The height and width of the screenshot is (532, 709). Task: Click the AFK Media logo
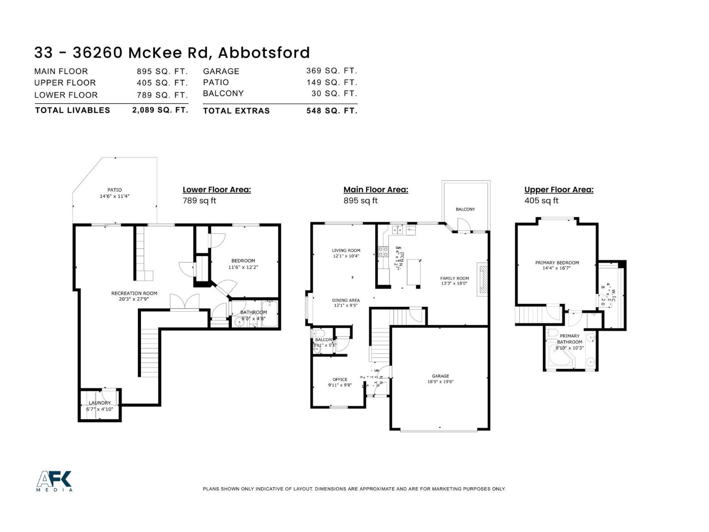pos(54,481)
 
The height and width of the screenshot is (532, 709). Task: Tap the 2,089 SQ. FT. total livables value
pos(160,110)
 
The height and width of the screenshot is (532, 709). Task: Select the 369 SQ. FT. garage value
pos(331,70)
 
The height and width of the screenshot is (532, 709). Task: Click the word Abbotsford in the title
pos(264,52)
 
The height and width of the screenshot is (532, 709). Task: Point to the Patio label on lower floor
pos(114,190)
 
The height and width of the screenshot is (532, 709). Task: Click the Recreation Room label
pos(134,293)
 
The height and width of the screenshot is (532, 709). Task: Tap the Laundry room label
pos(99,403)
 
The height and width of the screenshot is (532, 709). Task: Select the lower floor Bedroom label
pos(243,261)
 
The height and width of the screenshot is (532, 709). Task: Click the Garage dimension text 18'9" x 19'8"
pos(440,382)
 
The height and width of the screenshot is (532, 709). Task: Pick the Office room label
pos(340,379)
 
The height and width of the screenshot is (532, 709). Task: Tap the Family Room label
pos(454,278)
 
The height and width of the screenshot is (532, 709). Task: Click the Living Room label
pos(346,250)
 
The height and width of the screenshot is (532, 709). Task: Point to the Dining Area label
pos(346,300)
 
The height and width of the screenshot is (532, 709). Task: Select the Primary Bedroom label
pos(557,262)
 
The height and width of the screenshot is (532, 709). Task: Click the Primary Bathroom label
pos(569,339)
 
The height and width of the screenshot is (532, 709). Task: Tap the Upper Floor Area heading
pos(559,189)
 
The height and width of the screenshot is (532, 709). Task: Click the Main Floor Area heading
pos(376,189)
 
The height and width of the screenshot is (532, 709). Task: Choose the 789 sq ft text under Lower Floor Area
pos(199,200)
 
